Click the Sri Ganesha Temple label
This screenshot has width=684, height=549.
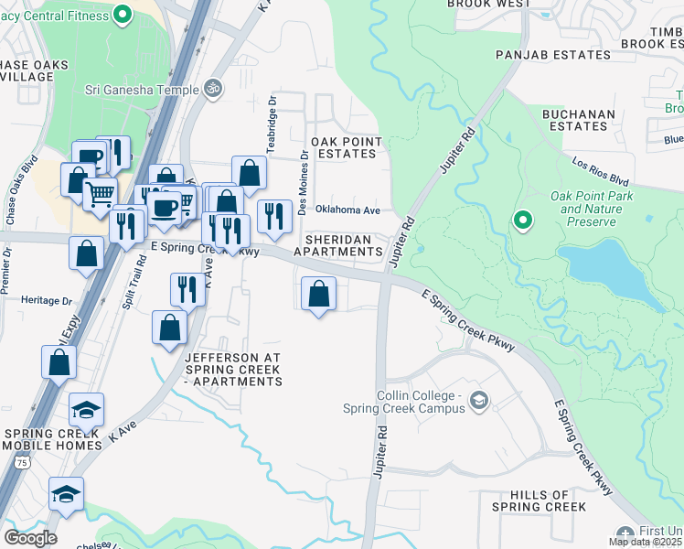(x=141, y=90)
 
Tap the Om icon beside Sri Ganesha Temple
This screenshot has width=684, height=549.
(x=213, y=89)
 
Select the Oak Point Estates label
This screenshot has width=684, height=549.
(x=343, y=147)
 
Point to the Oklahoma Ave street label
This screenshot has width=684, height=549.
(x=347, y=210)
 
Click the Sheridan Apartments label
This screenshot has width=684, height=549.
(x=343, y=245)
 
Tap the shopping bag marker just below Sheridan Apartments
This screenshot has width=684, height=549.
(x=318, y=295)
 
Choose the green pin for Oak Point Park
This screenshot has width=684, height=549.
(x=522, y=220)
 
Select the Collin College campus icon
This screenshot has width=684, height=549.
(x=478, y=400)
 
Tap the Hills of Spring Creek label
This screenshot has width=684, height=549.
(x=539, y=501)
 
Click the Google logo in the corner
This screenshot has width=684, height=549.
(x=30, y=537)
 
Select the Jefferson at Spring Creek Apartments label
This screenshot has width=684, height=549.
(x=233, y=369)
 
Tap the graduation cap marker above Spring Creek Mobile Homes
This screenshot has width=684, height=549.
(x=86, y=409)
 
